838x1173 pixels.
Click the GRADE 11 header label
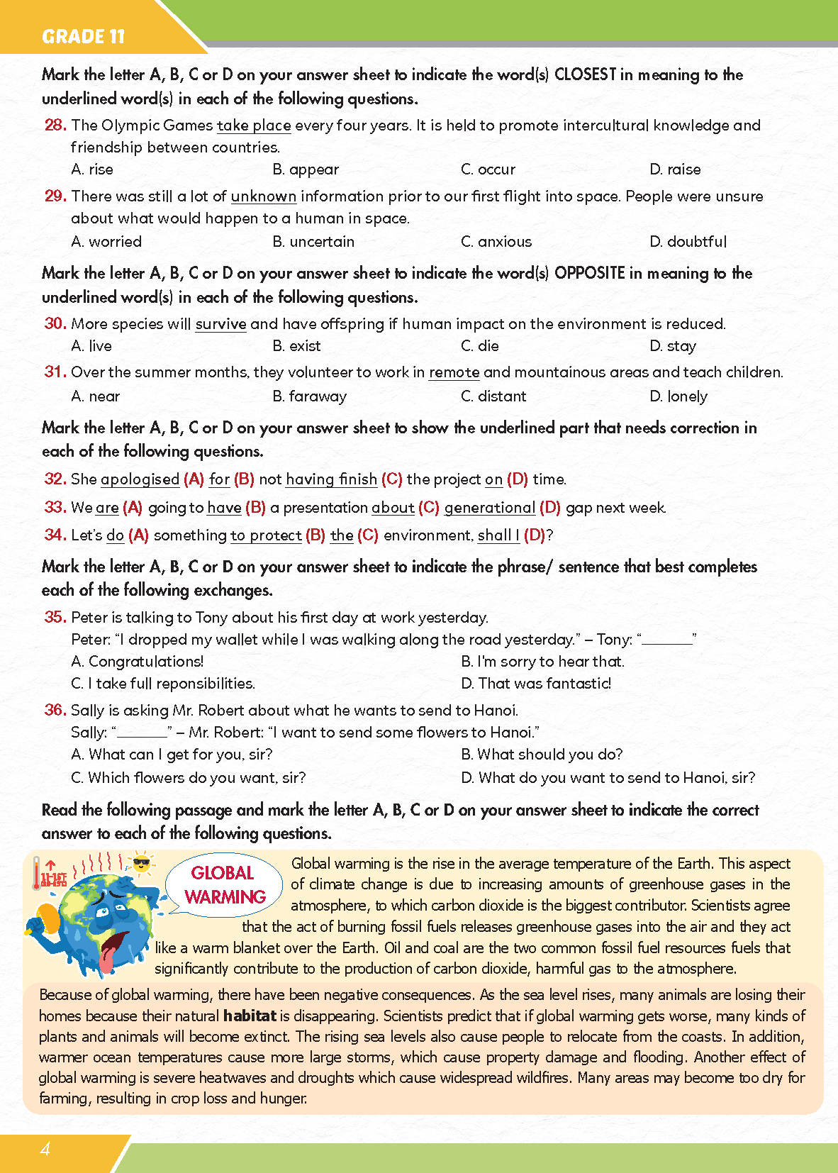click(x=83, y=36)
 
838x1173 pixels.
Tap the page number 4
click(x=45, y=1149)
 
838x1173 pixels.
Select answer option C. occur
click(x=488, y=169)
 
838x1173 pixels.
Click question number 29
click(x=55, y=196)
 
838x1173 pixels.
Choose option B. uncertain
click(x=313, y=242)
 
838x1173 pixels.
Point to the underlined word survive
click(x=220, y=324)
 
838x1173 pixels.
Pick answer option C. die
click(x=480, y=346)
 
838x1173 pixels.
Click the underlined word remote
click(x=454, y=372)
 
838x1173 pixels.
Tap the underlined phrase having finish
click(x=331, y=479)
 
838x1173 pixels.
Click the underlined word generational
click(x=489, y=508)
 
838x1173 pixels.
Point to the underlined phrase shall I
click(x=498, y=535)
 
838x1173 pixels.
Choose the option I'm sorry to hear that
click(x=543, y=662)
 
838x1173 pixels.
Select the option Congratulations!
click(x=138, y=662)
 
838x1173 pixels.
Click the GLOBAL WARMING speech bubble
click(x=223, y=884)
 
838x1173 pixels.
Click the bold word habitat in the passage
click(x=250, y=1016)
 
